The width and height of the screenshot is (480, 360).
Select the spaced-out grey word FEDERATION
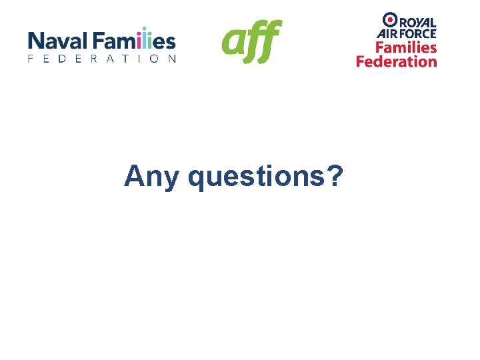coord(102,59)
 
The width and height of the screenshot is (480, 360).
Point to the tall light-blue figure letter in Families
coord(145,40)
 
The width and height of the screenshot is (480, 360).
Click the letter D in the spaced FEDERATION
coord(65,59)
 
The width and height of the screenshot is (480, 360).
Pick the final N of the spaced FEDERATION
coord(173,59)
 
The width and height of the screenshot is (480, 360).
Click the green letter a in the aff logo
coord(233,43)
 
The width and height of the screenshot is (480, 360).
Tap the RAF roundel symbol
coord(390,19)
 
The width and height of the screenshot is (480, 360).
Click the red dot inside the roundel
coord(390,19)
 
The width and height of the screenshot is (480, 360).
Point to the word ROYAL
coord(418,20)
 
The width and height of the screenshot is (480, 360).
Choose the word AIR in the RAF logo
coord(388,33)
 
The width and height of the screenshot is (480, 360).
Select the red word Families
coord(406,47)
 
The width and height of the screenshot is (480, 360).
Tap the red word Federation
coord(397,61)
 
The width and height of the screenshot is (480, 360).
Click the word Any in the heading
coord(151,177)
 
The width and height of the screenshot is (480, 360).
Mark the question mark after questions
coord(335,176)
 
